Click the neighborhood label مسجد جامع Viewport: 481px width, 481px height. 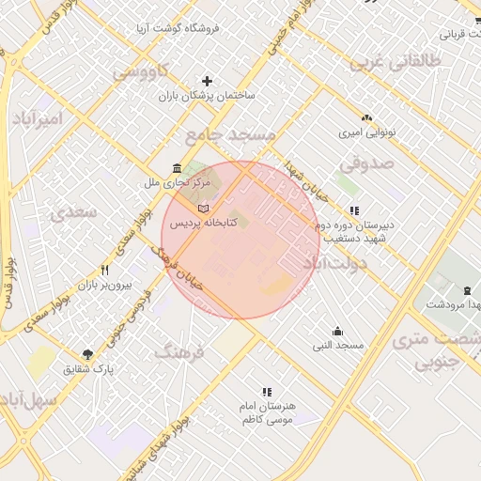click(x=231, y=135)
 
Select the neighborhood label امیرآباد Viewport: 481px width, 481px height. click(x=37, y=118)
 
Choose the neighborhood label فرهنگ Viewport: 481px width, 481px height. click(x=178, y=353)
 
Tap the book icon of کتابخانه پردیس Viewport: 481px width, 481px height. click(x=204, y=207)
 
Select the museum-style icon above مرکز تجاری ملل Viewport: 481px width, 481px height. click(x=177, y=168)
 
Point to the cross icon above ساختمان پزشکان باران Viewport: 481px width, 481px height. click(x=208, y=82)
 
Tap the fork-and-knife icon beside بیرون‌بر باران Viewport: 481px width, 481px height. click(x=105, y=271)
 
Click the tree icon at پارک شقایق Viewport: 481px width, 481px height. click(x=87, y=354)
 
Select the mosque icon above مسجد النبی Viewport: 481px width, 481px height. click(x=337, y=331)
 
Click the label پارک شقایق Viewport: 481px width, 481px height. click(x=87, y=369)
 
